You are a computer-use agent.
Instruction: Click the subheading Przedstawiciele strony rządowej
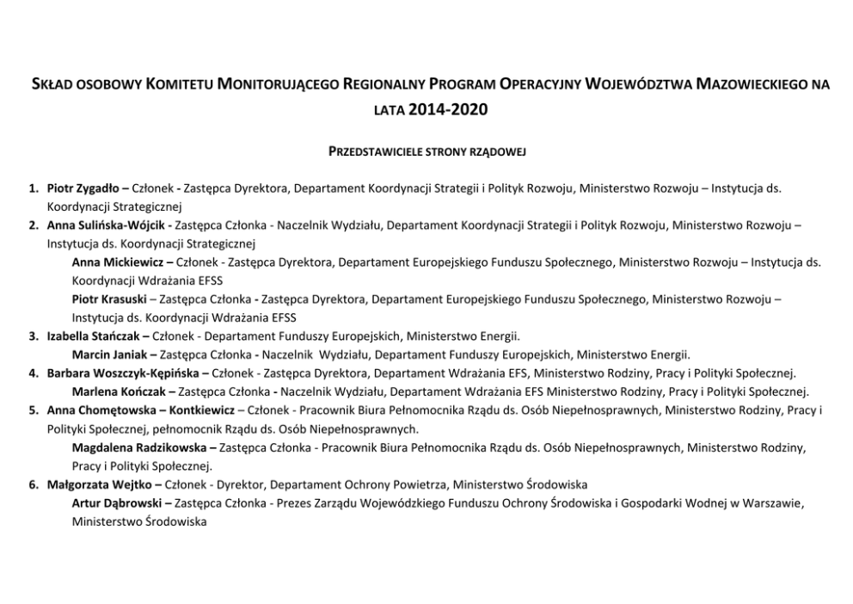point(426,151)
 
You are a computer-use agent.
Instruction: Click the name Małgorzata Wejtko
point(95,485)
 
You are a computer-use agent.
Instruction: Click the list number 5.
point(32,410)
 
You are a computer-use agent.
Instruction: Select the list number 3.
point(32,336)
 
